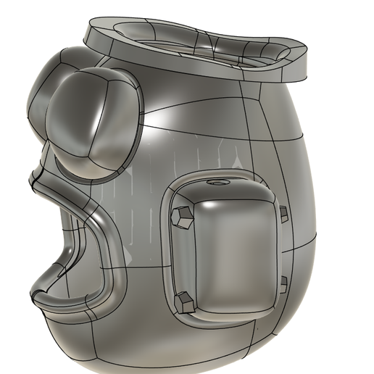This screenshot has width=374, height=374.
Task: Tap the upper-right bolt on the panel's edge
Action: pyautogui.click(x=283, y=213)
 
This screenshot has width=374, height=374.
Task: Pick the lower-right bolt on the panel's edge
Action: pyautogui.click(x=284, y=281)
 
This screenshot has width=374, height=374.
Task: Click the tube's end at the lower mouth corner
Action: pyautogui.click(x=36, y=296)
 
